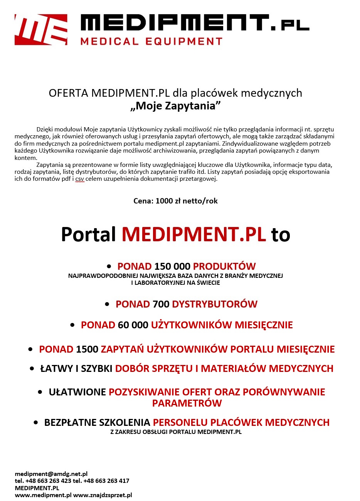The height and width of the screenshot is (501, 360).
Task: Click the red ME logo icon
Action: (41, 30)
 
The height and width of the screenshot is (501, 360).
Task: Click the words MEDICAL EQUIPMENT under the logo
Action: (151, 42)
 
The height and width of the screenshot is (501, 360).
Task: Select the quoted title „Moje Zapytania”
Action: (175, 106)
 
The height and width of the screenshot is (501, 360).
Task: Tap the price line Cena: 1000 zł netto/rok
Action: (175, 201)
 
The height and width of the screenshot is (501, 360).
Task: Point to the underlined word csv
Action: (79, 179)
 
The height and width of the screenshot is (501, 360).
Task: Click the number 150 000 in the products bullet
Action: (172, 266)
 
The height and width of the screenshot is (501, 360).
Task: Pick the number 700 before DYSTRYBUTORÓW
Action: (161, 304)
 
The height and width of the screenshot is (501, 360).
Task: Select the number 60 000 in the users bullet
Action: (133, 325)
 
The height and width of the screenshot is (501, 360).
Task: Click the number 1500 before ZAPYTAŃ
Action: (87, 349)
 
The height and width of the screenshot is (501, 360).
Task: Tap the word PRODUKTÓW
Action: (224, 266)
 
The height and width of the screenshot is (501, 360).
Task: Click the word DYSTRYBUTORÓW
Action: (215, 304)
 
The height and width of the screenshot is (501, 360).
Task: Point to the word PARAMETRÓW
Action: (187, 403)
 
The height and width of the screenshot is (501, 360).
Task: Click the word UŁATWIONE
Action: (77, 392)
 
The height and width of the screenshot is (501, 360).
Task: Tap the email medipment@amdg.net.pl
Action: (51, 474)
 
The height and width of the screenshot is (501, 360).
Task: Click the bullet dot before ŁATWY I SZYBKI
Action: (32, 368)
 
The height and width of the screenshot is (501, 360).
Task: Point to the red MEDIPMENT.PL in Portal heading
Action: (194, 234)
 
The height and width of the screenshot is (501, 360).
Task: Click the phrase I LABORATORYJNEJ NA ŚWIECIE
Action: (175, 282)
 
